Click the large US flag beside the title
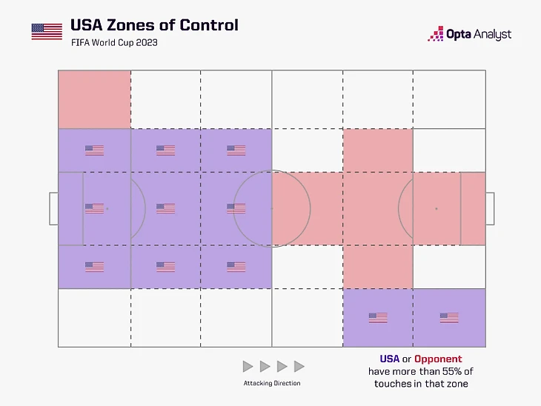point(47,31)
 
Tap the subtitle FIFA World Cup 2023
point(113,43)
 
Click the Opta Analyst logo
point(469,34)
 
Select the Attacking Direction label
point(272,383)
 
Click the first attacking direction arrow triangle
point(248,366)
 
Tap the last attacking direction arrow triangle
point(299,366)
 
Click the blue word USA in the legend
point(389,359)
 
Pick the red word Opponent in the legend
point(438,359)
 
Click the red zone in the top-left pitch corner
point(94,99)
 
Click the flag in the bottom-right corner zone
point(448,318)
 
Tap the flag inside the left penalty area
point(94,209)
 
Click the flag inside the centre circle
point(236,209)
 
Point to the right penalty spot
point(436,209)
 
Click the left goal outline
point(53,209)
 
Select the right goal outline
point(490,209)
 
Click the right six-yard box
point(473,209)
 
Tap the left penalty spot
point(107,209)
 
